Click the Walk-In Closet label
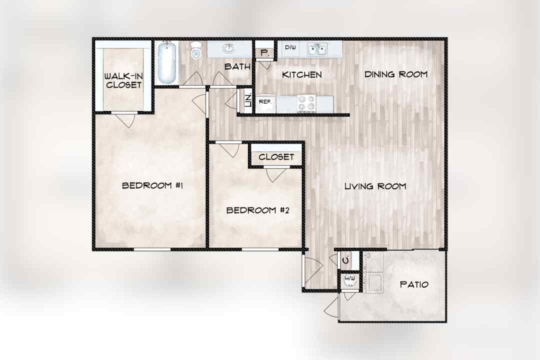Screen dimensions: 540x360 coord(123,80)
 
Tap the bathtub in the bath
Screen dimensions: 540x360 coord(167,62)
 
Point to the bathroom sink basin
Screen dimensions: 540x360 coord(228,48)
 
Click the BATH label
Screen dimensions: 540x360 coord(237,66)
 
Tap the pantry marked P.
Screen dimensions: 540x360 coord(265,52)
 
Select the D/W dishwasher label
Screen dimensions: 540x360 coord(290,47)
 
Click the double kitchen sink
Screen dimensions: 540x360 coord(317,49)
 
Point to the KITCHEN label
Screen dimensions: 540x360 coord(301,75)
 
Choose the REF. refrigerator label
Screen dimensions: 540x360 coord(265,101)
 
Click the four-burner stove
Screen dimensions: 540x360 coord(306,103)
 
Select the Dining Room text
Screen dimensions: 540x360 coord(396,74)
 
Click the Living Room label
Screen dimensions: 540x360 coord(375,186)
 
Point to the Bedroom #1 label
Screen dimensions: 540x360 coord(152,185)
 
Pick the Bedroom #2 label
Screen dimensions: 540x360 coord(257,210)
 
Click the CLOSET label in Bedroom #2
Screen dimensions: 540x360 coord(276,157)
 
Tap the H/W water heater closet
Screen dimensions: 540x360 coord(350,281)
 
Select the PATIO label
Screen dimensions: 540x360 coord(414,284)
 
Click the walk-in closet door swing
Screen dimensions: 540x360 coord(126,119)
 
